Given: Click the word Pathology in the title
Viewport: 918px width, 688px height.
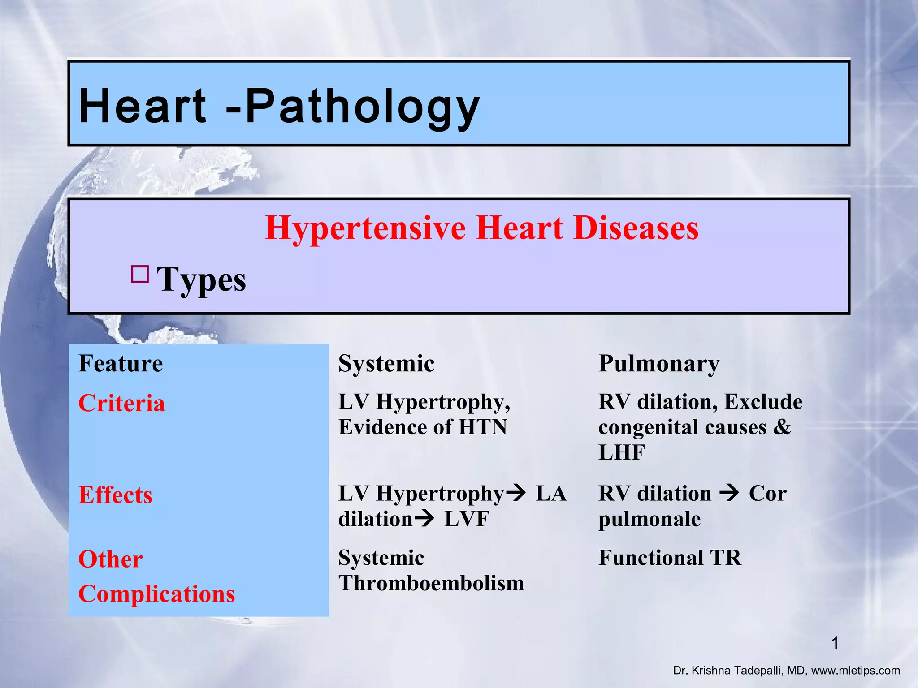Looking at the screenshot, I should coord(362,107).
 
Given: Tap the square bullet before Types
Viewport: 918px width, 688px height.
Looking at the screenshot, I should coord(140,274).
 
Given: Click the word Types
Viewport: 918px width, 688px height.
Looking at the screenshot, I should coord(201,279).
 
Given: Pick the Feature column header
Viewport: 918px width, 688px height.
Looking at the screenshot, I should coord(121,363).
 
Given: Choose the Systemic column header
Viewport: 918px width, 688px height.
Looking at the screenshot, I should coord(386,363).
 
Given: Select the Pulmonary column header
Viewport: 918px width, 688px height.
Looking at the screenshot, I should coord(658,363).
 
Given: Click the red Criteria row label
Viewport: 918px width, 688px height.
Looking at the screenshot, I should coord(121,403).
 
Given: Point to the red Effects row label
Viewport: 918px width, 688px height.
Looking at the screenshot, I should coord(115,495).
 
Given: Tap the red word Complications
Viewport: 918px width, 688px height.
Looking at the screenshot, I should coord(156,594).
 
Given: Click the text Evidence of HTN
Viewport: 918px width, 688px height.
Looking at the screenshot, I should coord(422,427).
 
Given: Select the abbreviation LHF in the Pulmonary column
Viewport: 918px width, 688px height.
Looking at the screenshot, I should coord(621,452).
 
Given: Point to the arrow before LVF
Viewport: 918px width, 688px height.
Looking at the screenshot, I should coord(424,519).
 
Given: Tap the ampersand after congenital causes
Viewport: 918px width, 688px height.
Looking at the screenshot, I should coord(782,427).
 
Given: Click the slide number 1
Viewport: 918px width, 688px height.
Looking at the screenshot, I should coord(835,644).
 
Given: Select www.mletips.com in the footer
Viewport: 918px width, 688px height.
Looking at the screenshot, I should coord(855,671).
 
